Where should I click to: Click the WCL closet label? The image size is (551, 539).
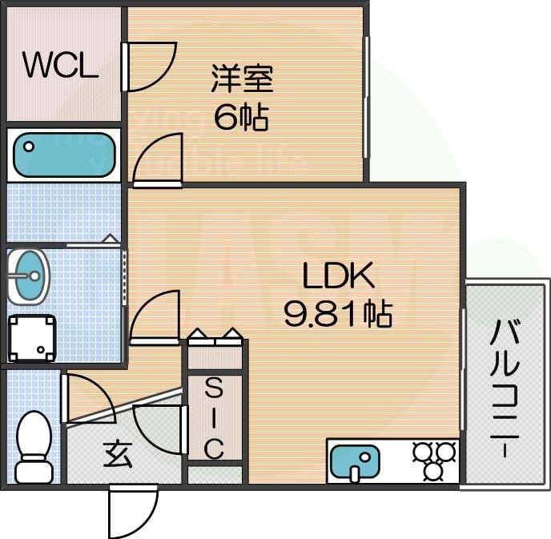(60, 66)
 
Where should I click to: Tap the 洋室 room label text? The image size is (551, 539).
(243, 80)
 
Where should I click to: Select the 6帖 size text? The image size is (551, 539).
(241, 118)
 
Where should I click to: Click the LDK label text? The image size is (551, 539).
(337, 276)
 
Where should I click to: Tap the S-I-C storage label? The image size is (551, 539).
(214, 420)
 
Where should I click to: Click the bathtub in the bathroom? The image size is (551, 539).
(65, 155)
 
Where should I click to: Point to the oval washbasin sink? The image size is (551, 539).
(29, 277)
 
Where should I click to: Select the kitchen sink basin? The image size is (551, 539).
(356, 461)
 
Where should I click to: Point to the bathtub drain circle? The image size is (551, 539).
(29, 147)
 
